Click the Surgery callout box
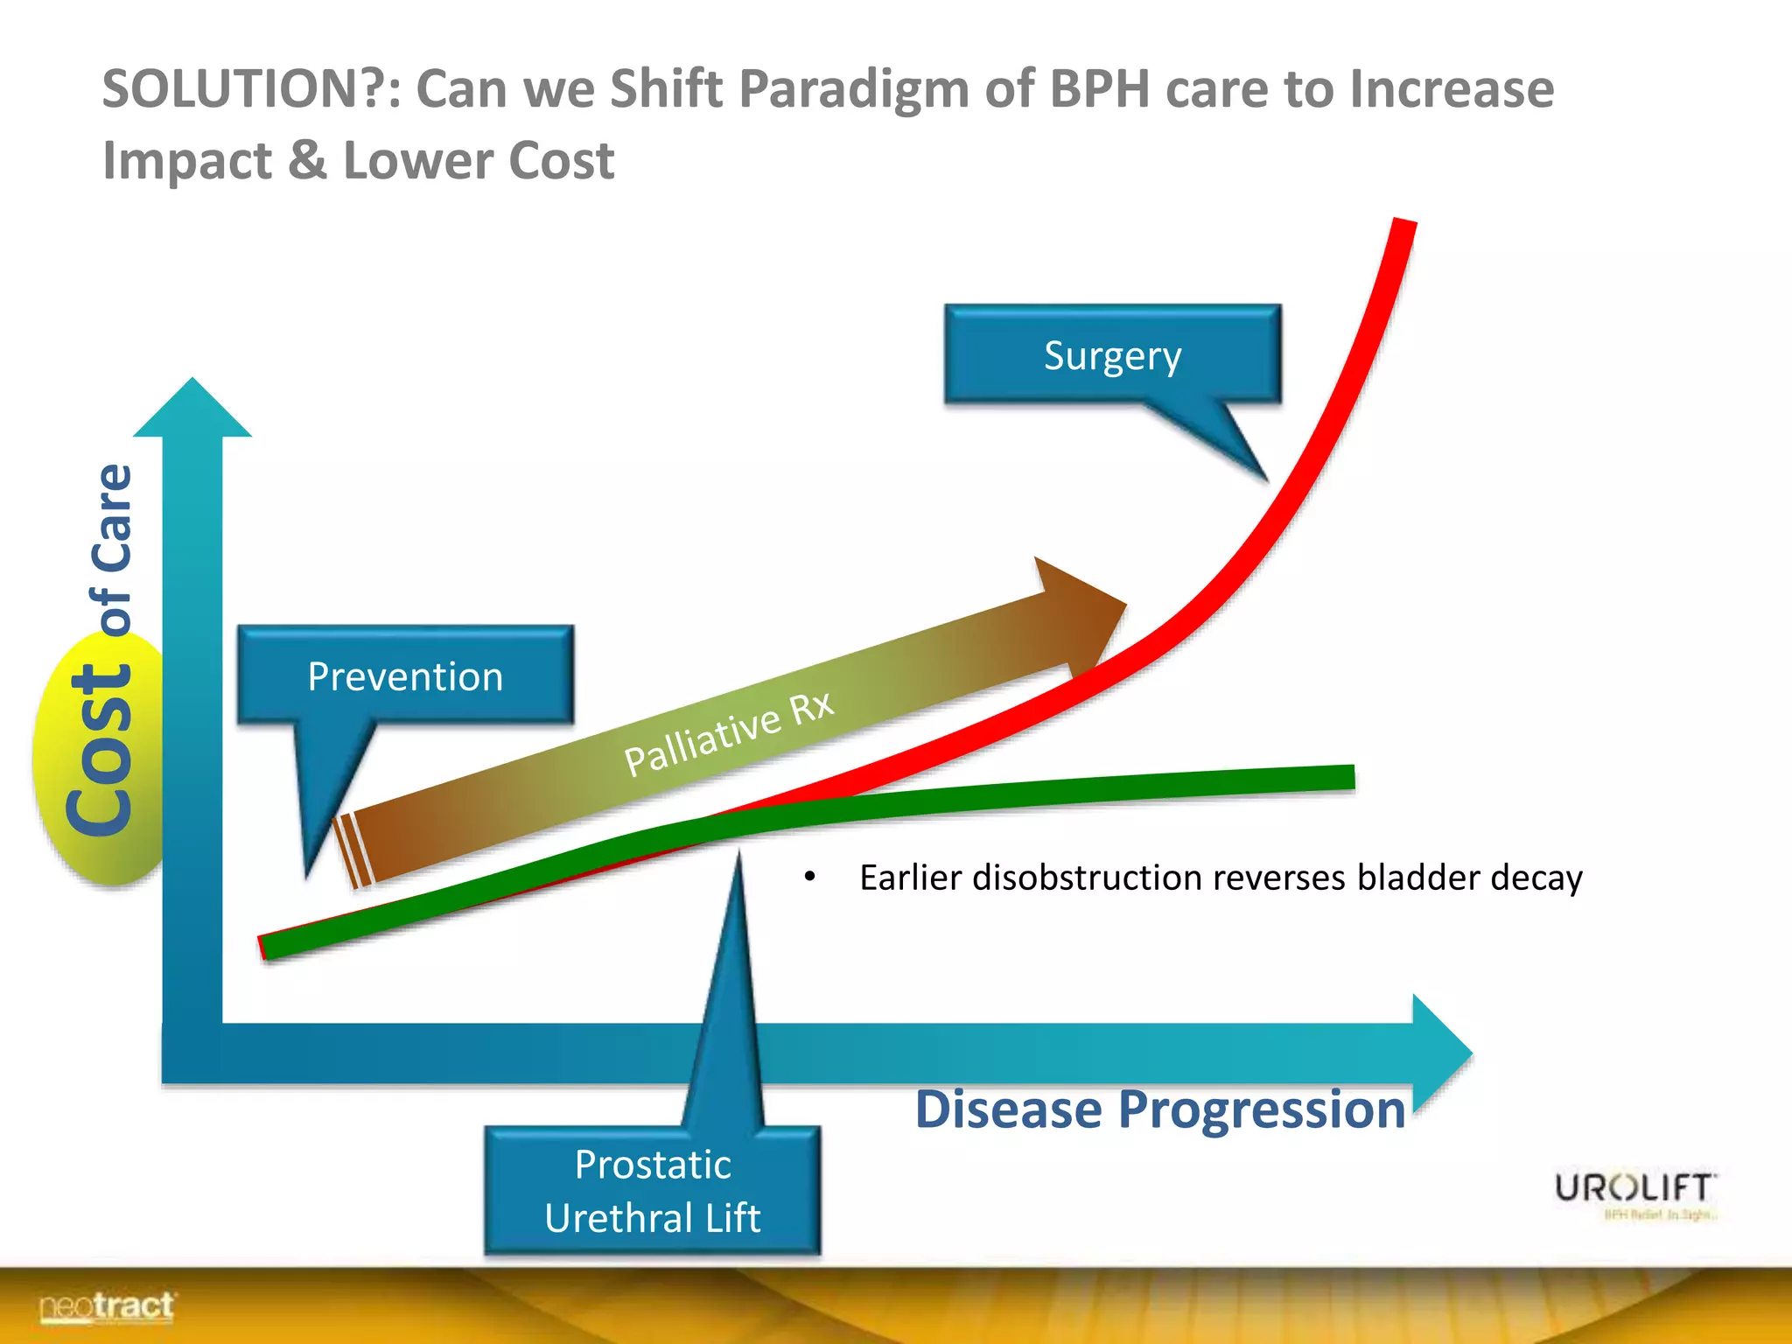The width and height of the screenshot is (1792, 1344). [x=1112, y=355]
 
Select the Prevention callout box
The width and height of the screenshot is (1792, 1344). [x=405, y=675]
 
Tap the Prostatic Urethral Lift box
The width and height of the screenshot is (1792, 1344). [x=653, y=1191]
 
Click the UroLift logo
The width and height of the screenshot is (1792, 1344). [x=1634, y=1189]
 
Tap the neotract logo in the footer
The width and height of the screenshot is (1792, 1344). [x=107, y=1307]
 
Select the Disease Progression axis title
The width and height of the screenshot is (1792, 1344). [x=1159, y=1109]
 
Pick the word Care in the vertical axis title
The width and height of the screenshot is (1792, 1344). [x=113, y=517]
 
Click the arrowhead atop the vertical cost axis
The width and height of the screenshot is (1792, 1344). [x=192, y=409]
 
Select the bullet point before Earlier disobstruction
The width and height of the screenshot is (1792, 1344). [x=809, y=877]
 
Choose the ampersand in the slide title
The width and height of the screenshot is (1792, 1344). [x=307, y=161]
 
